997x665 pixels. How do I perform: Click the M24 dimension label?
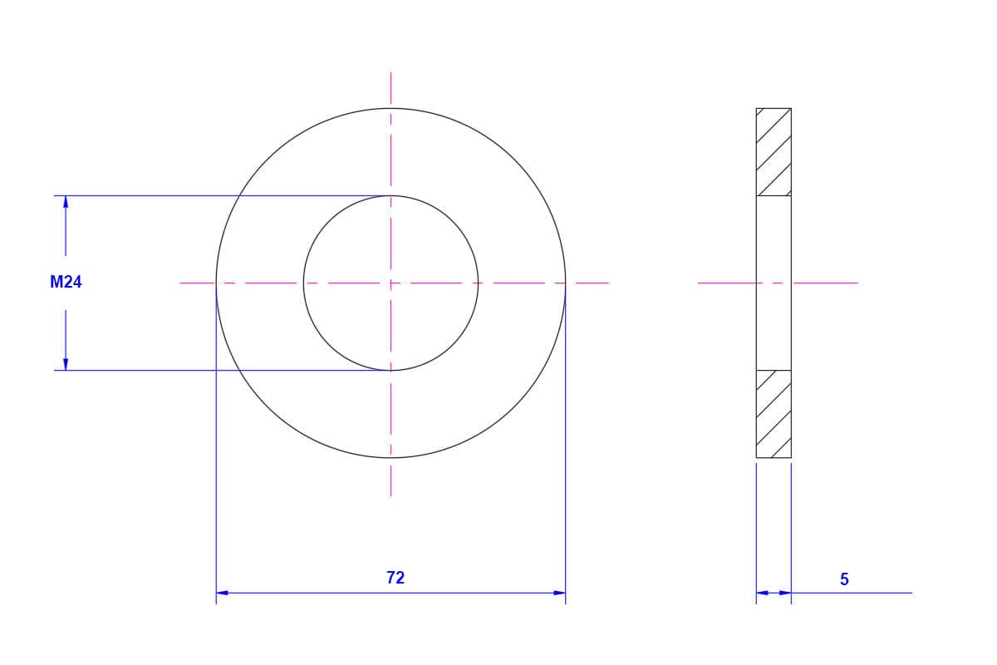(66, 282)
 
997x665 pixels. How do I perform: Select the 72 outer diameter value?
(395, 578)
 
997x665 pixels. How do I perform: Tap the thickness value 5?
(844, 579)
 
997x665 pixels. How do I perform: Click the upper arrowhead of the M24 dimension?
(66, 202)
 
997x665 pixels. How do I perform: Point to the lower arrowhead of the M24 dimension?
(66, 364)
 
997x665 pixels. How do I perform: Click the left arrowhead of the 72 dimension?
(222, 593)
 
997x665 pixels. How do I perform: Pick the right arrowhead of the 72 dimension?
(559, 593)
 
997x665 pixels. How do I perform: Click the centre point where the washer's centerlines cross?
(390, 283)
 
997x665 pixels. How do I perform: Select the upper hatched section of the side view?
(774, 152)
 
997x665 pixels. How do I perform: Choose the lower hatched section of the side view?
(774, 414)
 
